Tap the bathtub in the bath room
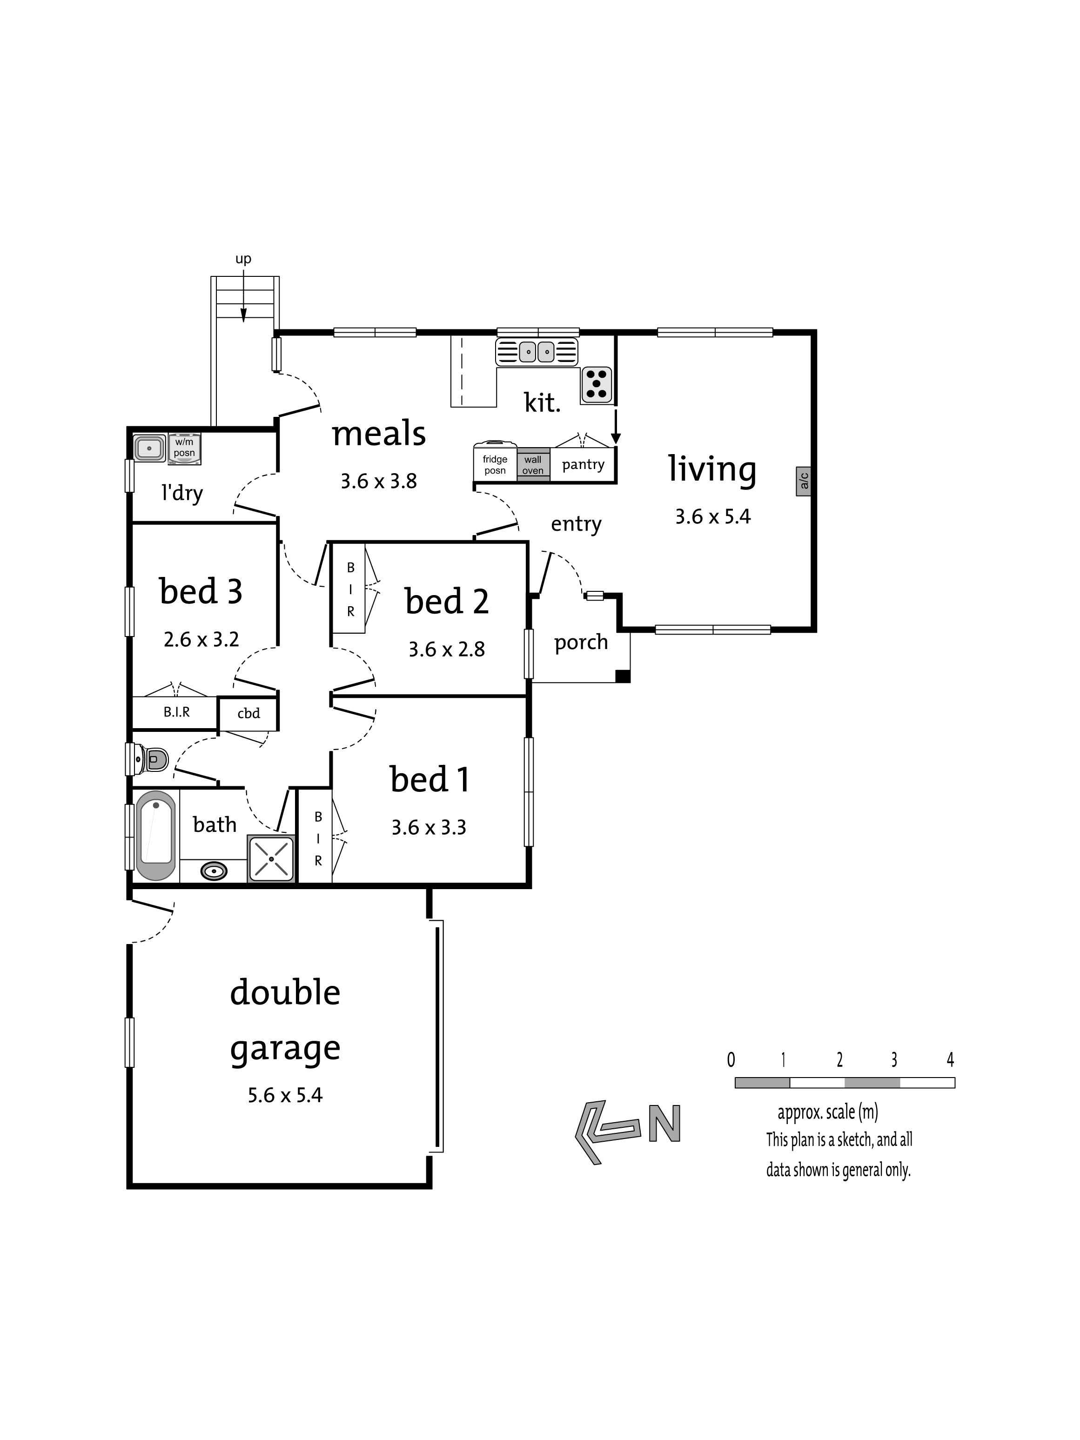coord(155,835)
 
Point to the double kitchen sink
coord(537,352)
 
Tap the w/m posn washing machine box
coord(184,449)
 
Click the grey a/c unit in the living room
coord(803,481)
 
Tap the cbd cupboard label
coord(248,714)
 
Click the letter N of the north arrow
coord(664,1123)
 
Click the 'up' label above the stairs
coord(243,259)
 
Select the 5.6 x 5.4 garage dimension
coord(285,1096)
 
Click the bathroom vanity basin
coord(214,871)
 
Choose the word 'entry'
coord(576,524)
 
